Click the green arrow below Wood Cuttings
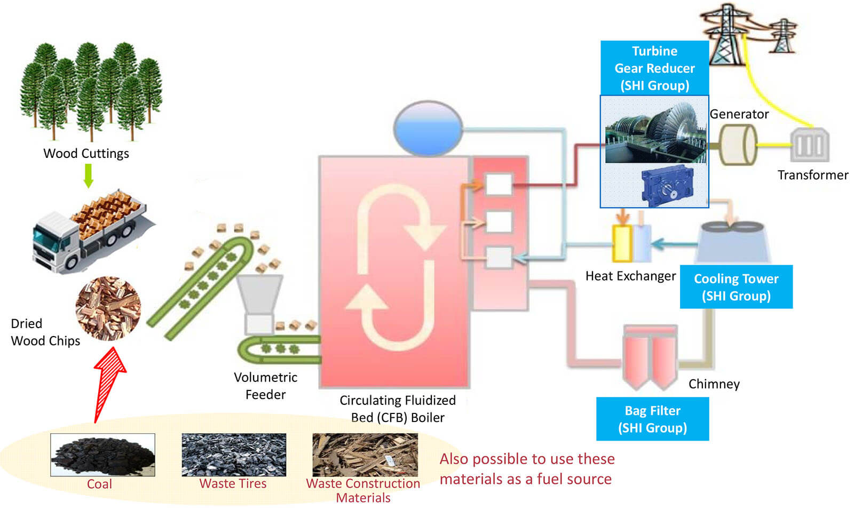point(89,176)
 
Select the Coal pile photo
point(102,455)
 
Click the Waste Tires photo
point(234,455)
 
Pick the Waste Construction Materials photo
point(365,455)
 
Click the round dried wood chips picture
point(108,308)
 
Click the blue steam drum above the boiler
point(428,129)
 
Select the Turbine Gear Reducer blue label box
point(654,68)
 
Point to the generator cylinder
point(738,145)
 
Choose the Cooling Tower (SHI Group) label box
point(736,287)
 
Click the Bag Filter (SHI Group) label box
point(652,419)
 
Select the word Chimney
point(714,384)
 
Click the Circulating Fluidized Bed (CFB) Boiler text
point(398,409)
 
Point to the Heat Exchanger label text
point(630,276)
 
